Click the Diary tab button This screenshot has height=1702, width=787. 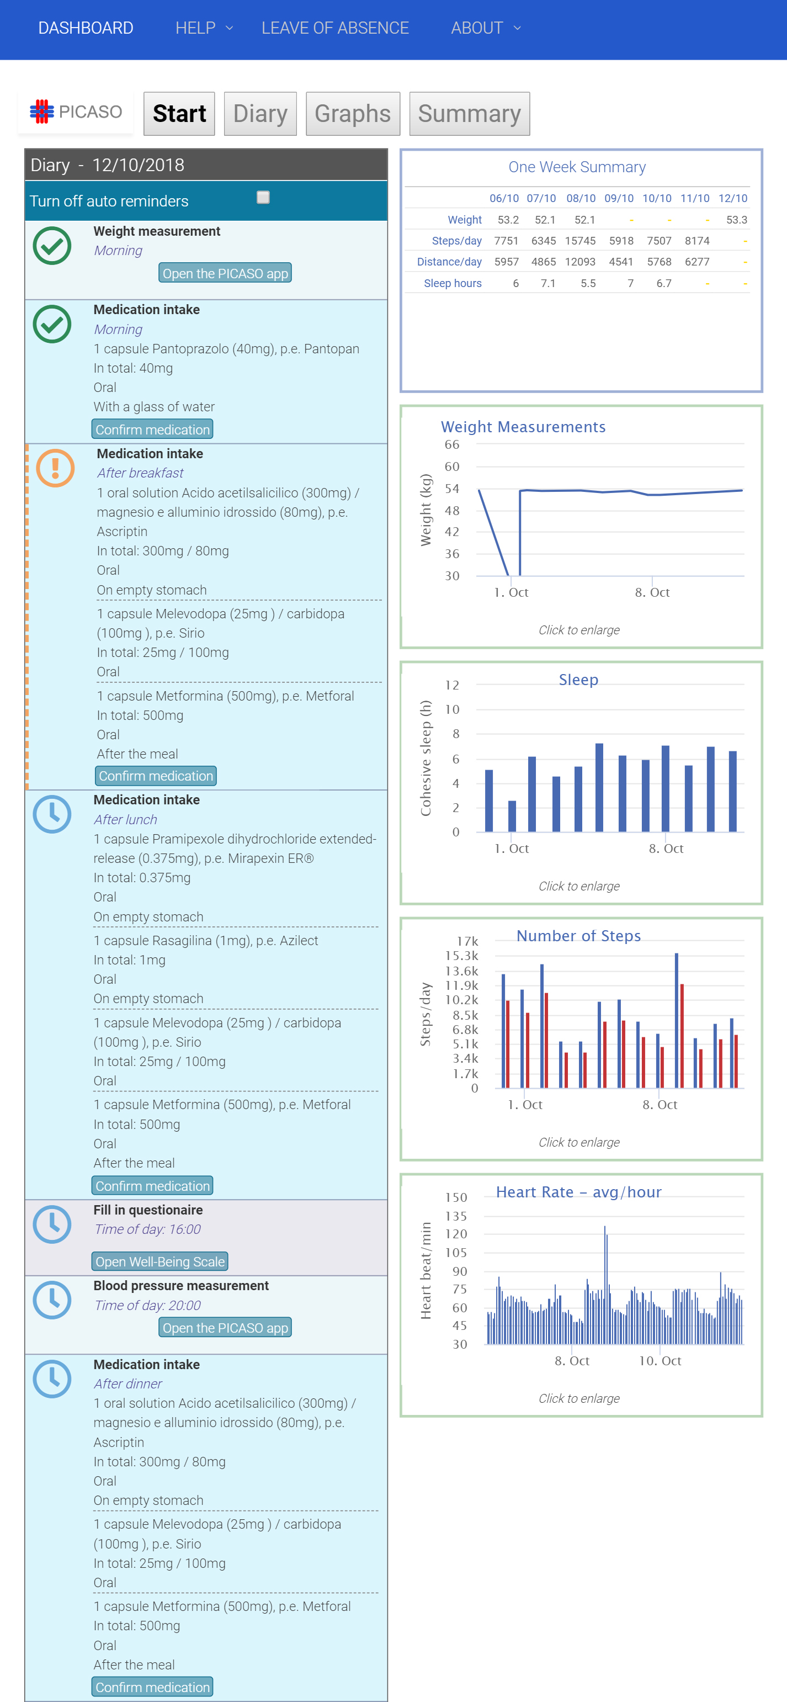tap(260, 114)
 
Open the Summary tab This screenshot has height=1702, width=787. tap(469, 114)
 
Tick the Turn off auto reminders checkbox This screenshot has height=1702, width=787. tap(263, 198)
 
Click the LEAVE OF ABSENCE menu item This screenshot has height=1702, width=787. tap(335, 28)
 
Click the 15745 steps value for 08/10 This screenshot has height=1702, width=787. tap(579, 241)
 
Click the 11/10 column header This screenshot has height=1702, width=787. tap(694, 198)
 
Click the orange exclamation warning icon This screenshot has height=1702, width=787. tap(55, 468)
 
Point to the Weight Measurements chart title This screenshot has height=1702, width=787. tap(523, 427)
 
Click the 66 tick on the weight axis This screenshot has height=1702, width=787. tap(452, 444)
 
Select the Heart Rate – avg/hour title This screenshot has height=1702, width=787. tap(578, 1192)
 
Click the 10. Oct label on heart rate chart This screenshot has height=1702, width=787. tap(660, 1360)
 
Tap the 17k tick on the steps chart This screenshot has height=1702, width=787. tap(467, 941)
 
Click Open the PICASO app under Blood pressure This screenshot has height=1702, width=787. tap(225, 1327)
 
